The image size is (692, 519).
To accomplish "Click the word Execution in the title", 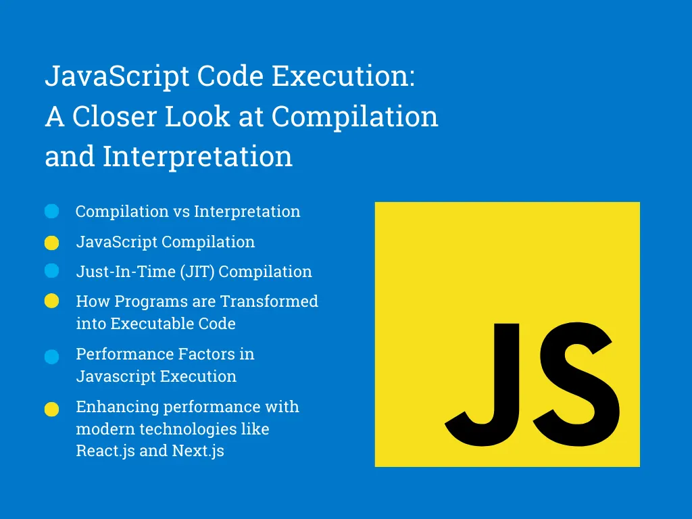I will click(x=343, y=77).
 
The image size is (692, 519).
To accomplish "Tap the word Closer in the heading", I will click(x=113, y=117).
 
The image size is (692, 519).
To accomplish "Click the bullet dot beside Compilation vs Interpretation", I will click(x=52, y=212).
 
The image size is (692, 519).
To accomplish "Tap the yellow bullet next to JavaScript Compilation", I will click(x=52, y=243).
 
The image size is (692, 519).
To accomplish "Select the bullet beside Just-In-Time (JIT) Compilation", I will click(x=52, y=271).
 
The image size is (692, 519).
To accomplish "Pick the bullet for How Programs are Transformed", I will click(x=52, y=301).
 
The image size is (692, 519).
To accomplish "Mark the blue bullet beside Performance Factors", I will click(x=52, y=357).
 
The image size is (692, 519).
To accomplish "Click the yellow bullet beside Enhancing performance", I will click(x=52, y=409).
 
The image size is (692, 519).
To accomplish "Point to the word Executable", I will click(x=147, y=324).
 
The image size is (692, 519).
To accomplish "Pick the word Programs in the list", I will click(x=138, y=301).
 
